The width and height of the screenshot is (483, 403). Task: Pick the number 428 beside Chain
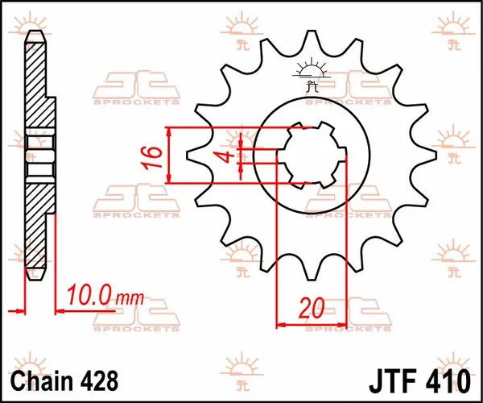pos(101,378)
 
